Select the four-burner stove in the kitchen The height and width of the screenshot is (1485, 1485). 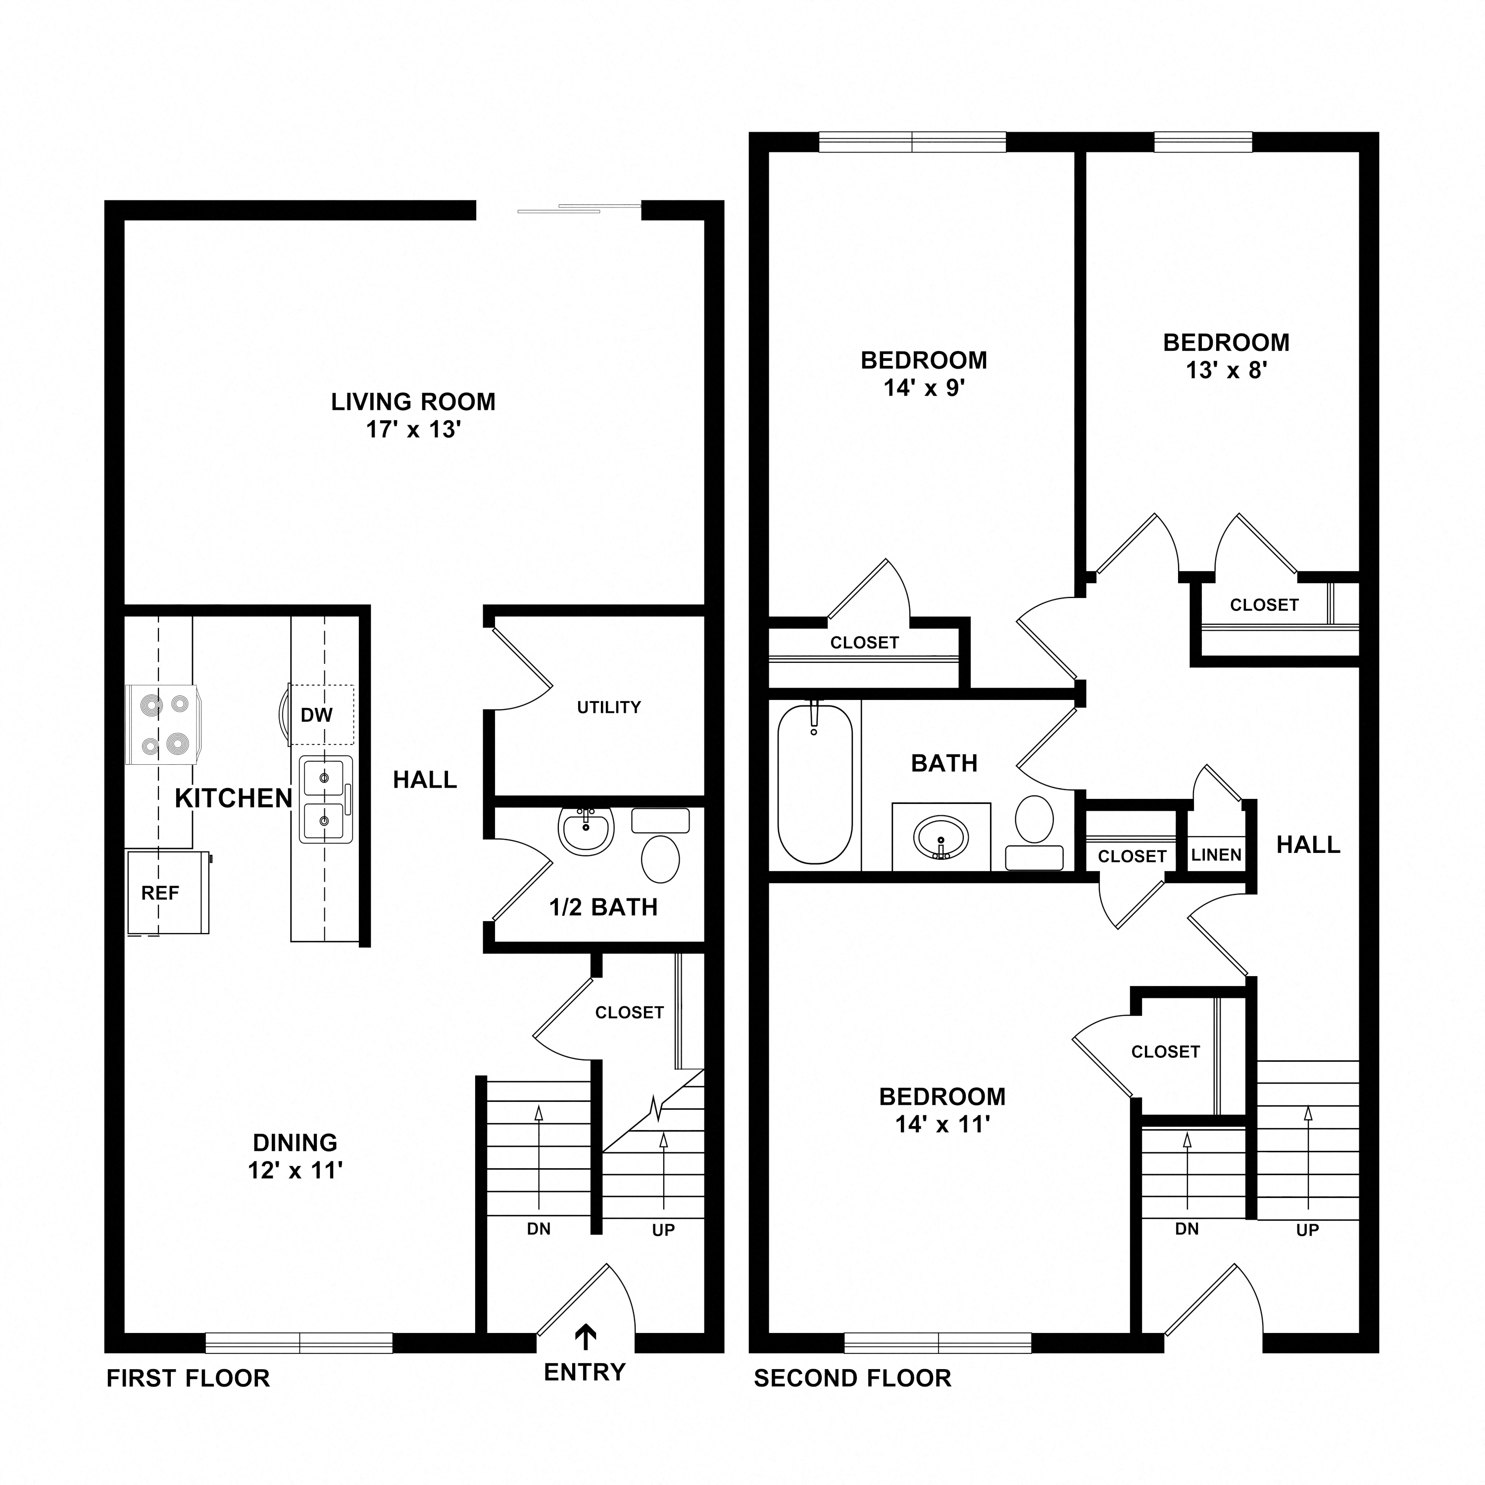163,725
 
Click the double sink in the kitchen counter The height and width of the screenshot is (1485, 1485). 326,799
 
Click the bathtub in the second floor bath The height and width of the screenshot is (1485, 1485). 815,785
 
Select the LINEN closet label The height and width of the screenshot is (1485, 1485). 1216,855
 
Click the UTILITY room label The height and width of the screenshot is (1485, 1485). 609,707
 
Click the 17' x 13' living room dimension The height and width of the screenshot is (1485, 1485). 413,430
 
